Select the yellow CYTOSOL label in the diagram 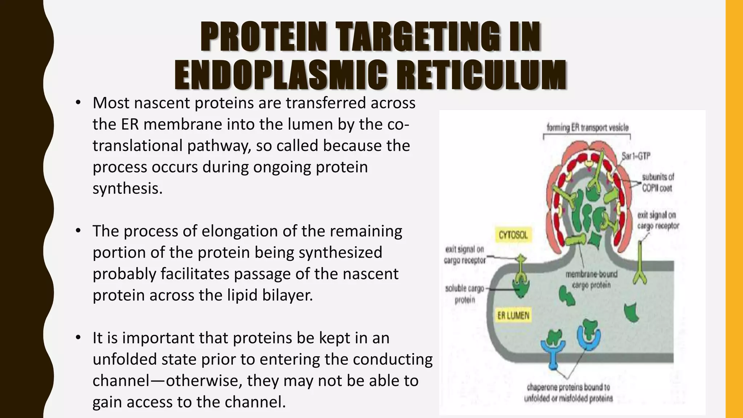[513, 235]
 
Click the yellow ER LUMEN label [513, 316]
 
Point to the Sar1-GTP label [636, 156]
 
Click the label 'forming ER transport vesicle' [587, 127]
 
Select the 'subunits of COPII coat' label [657, 183]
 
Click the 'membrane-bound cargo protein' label [591, 279]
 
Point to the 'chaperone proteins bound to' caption [568, 388]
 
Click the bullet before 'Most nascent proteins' [78, 103]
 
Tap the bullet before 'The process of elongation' [78, 231]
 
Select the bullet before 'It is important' [78, 338]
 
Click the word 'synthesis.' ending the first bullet [127, 188]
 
